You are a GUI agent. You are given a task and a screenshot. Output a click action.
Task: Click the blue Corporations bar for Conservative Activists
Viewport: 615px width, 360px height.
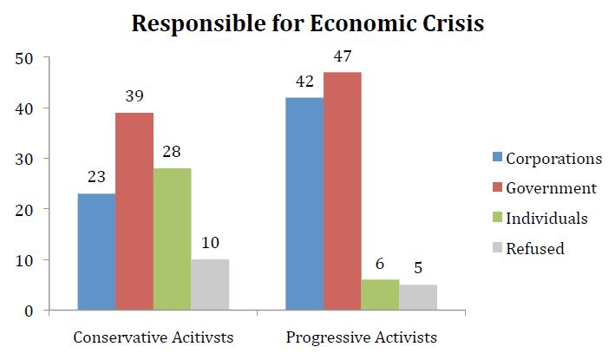[96, 252]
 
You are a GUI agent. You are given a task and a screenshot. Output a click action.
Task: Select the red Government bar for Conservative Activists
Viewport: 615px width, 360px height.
[134, 212]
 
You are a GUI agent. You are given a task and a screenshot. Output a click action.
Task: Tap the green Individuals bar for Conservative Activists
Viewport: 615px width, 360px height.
[173, 239]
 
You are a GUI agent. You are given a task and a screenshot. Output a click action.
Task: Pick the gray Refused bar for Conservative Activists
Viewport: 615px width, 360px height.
[210, 285]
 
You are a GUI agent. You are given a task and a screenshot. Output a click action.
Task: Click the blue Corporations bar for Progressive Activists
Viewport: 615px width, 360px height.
[304, 204]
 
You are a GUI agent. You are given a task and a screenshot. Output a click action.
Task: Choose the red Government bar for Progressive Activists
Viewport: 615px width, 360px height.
[343, 192]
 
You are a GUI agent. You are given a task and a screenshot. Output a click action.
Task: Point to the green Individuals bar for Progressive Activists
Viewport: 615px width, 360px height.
[380, 295]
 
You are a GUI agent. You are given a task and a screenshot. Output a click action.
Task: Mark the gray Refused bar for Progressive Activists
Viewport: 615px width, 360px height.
[418, 298]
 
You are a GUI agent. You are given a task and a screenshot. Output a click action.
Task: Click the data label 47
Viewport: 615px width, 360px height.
[343, 56]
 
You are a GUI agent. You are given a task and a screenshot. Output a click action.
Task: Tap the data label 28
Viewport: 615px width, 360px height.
[172, 152]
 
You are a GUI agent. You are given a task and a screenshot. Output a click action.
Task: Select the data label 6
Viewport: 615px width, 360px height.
[379, 264]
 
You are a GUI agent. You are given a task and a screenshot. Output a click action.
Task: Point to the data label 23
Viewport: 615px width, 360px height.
[96, 177]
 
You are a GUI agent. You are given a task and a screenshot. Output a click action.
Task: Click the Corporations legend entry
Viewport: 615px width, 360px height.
[547, 159]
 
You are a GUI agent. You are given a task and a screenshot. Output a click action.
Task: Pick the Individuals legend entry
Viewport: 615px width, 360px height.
[540, 219]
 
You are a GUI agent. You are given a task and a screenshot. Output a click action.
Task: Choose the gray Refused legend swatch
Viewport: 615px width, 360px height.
[497, 247]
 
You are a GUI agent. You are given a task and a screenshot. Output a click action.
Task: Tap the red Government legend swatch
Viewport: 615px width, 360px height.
[497, 187]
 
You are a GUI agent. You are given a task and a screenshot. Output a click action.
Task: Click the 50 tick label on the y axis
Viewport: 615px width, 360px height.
[24, 59]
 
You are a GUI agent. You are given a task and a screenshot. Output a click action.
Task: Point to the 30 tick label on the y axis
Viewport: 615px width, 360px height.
[24, 160]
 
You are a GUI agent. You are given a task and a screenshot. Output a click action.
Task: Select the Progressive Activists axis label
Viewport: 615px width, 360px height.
[361, 337]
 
